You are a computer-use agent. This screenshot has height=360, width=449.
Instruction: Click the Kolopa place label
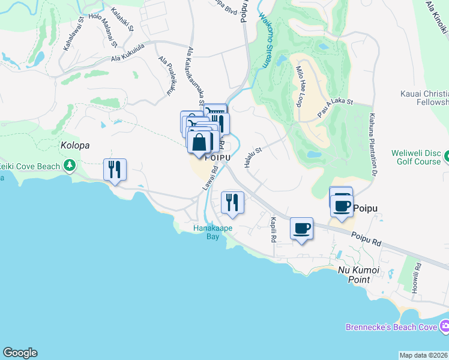[x=75, y=145]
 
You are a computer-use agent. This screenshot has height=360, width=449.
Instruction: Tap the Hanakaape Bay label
[x=208, y=232]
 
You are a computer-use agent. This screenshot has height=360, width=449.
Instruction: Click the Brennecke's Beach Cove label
[x=393, y=327]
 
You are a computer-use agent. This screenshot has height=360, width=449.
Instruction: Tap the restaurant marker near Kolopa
[x=114, y=170]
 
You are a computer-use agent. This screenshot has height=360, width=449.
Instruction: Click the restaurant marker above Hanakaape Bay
[x=232, y=202]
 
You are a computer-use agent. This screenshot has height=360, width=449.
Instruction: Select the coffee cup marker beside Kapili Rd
[x=301, y=228]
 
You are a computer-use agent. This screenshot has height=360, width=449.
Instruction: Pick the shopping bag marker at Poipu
[x=199, y=143]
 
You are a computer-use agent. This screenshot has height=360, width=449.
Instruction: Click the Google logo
[x=20, y=353]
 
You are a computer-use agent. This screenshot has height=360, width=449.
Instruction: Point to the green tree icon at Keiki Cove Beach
[x=70, y=164]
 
